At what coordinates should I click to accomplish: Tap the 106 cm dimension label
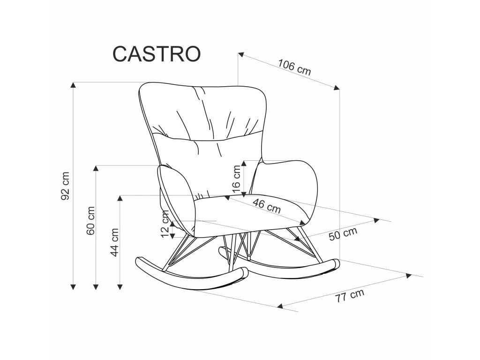pyautogui.click(x=294, y=67)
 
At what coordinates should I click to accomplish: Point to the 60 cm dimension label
pyautogui.click(x=91, y=220)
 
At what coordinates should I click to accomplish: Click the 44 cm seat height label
pyautogui.click(x=114, y=242)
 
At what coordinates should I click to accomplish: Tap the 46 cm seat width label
pyautogui.click(x=266, y=206)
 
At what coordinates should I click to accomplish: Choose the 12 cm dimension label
pyautogui.click(x=165, y=224)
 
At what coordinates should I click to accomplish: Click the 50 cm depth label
pyautogui.click(x=343, y=233)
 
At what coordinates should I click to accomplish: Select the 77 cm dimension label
pyautogui.click(x=349, y=296)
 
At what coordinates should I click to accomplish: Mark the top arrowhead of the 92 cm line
pyautogui.click(x=73, y=85)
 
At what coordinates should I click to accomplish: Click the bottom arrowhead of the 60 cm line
pyautogui.click(x=96, y=285)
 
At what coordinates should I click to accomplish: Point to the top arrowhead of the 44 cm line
pyautogui.click(x=120, y=198)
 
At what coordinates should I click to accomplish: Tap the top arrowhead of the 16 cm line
pyautogui.click(x=243, y=163)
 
